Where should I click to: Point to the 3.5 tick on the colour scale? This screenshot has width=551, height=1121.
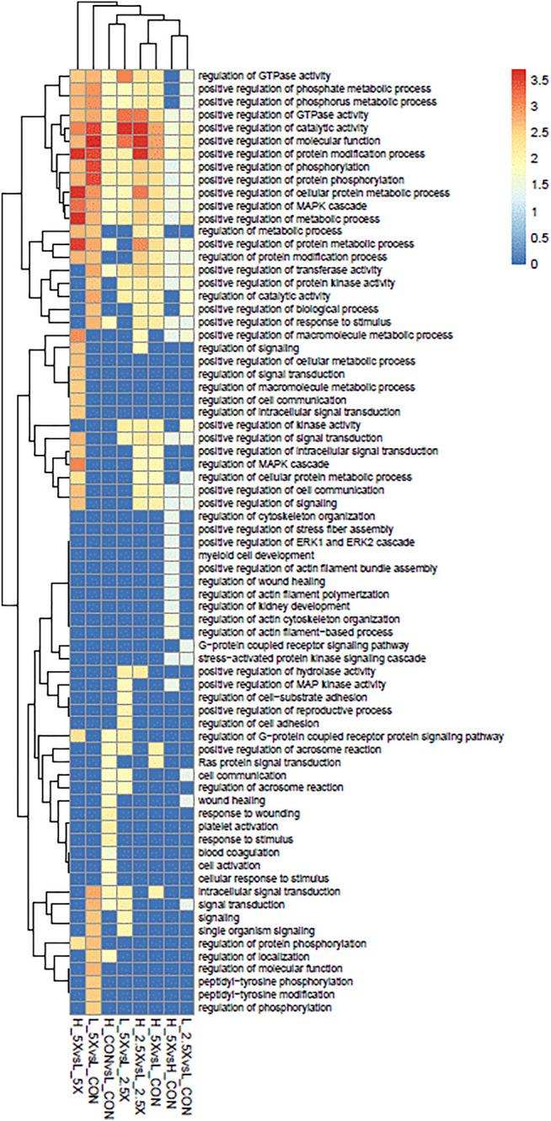tap(534, 79)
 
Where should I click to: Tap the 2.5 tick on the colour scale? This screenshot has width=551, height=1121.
tap(534, 132)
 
